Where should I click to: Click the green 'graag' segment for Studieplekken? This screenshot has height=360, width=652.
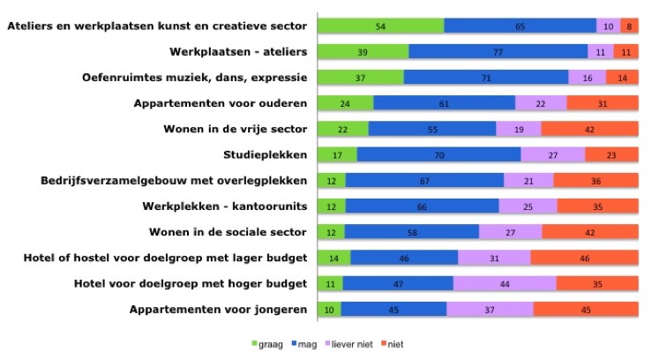click(x=337, y=155)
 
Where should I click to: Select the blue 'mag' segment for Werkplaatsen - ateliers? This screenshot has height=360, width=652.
click(x=498, y=52)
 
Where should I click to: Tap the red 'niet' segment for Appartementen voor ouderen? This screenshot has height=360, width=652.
click(x=603, y=104)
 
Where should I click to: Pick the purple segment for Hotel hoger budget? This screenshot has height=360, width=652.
click(x=505, y=284)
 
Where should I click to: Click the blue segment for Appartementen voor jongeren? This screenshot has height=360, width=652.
click(x=393, y=310)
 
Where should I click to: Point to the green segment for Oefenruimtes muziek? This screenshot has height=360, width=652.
click(x=360, y=78)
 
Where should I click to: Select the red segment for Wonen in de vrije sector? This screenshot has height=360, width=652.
click(x=589, y=130)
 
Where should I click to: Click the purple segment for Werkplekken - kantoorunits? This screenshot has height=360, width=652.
click(x=528, y=206)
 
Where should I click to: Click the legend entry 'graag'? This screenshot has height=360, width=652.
click(x=270, y=343)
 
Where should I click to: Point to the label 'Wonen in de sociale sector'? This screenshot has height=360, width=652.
click(x=228, y=233)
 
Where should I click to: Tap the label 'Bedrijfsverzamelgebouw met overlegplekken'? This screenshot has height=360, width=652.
click(x=174, y=181)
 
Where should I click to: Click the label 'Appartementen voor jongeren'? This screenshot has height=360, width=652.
click(x=219, y=310)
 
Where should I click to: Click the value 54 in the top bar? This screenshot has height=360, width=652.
click(x=380, y=26)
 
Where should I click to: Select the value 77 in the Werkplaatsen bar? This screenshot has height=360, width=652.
click(x=498, y=52)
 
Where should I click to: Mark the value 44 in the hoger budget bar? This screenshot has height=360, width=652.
click(x=505, y=284)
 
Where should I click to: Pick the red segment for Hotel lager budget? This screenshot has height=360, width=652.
click(x=584, y=259)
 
